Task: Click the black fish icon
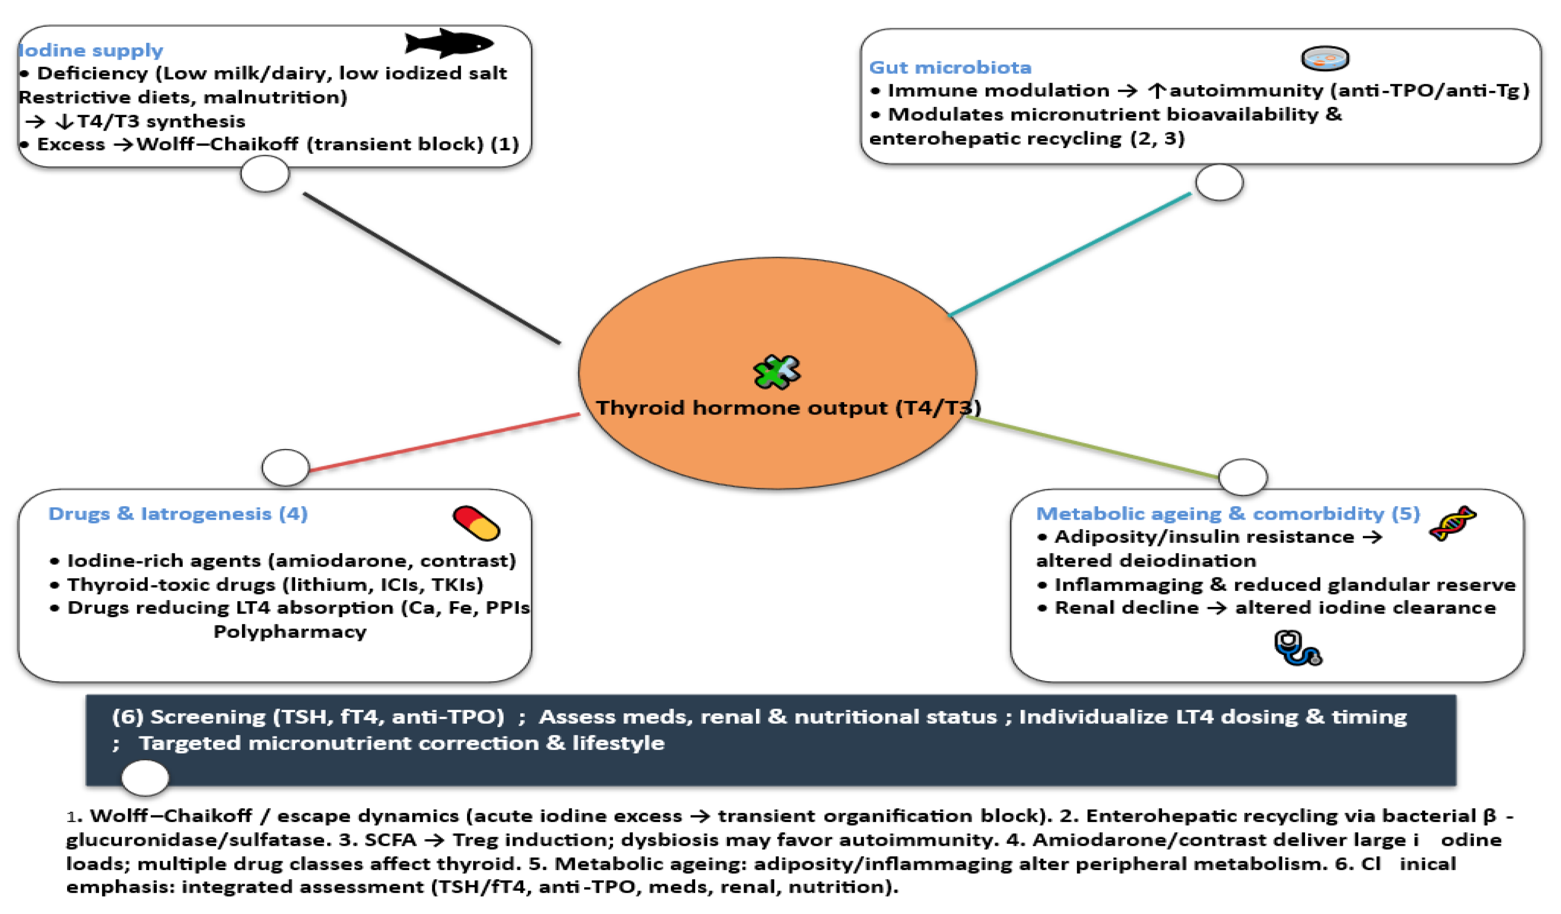[x=448, y=43]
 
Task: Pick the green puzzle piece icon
[x=777, y=371]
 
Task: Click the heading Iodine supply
[x=91, y=50]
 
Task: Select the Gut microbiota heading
[x=950, y=67]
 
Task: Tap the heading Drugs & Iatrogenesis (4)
[x=178, y=513]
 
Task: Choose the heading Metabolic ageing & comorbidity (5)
[x=1227, y=513]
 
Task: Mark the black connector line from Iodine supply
[x=432, y=268]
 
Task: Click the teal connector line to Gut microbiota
[x=1070, y=254]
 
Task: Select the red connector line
[x=444, y=442]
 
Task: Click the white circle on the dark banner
[x=145, y=777]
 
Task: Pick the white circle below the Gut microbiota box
[x=1219, y=182]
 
